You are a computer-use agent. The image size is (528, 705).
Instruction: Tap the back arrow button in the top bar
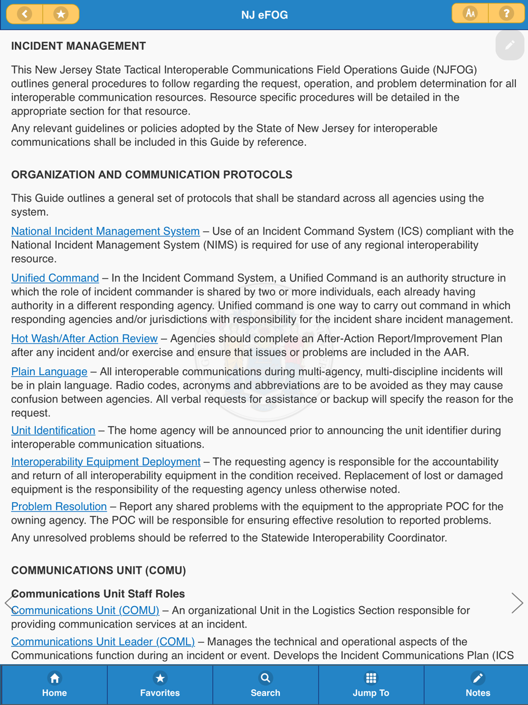point(24,14)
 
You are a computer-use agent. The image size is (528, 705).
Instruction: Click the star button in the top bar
point(61,14)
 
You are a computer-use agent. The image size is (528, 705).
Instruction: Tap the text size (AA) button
point(470,14)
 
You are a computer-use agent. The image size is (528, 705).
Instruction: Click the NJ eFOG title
point(265,15)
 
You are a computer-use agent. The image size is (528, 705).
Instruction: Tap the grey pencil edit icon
point(510,45)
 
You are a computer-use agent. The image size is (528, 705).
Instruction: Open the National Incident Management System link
point(105,231)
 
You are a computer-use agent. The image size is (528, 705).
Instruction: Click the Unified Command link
point(55,278)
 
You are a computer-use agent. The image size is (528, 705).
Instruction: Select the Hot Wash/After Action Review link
point(84,339)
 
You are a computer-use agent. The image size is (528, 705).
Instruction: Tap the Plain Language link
point(49,372)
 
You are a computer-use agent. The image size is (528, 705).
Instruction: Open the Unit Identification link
point(53,431)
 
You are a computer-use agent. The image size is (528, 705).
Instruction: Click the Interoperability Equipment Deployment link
point(106,462)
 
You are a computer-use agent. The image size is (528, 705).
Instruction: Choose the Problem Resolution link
point(59,507)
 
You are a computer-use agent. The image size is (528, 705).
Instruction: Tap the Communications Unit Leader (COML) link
point(103,642)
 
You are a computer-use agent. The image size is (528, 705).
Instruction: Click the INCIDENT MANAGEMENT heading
point(79,46)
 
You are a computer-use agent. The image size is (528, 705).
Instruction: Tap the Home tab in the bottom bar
point(54,684)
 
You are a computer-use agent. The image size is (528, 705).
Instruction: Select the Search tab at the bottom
point(266,684)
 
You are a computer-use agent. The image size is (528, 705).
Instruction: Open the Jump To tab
point(371,684)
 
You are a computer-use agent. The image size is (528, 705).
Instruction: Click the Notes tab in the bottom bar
point(477,684)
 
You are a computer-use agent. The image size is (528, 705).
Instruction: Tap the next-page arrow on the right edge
point(517,602)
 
